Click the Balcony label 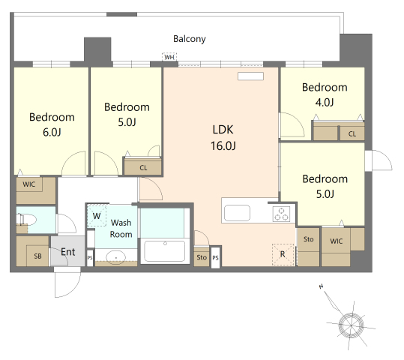click(x=190, y=39)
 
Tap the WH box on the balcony click(x=169, y=57)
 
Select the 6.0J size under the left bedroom click(x=52, y=132)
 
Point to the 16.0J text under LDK click(x=223, y=146)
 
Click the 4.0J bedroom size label click(x=325, y=103)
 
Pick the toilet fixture click(x=26, y=220)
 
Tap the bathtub click(x=165, y=251)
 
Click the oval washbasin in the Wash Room click(x=115, y=257)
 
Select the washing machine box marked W click(x=97, y=215)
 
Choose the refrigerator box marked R click(x=283, y=254)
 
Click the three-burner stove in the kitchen click(x=281, y=214)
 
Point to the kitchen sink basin click(x=237, y=213)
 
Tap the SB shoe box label click(x=37, y=256)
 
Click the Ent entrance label click(x=68, y=252)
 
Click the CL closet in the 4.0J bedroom click(x=352, y=134)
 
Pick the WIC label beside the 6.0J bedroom click(x=28, y=184)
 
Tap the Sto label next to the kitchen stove click(x=308, y=239)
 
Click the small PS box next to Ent click(x=90, y=257)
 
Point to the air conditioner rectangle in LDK click(x=250, y=76)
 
